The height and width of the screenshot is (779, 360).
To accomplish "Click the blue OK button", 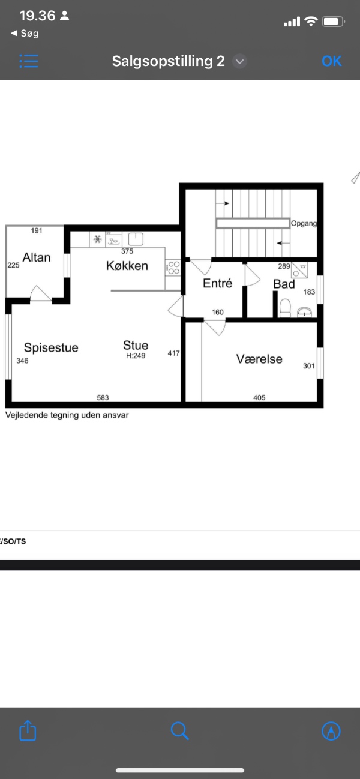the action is (x=331, y=61).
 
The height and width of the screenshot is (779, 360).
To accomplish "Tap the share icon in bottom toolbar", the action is (x=28, y=730).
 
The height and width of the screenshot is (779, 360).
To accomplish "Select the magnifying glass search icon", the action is (x=180, y=730).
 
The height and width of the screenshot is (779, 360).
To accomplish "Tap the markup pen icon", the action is (x=331, y=730).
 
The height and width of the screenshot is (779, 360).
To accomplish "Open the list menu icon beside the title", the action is (x=29, y=61).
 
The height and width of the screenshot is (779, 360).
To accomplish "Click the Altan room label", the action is (x=37, y=257).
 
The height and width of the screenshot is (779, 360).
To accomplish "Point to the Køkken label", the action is (x=127, y=266).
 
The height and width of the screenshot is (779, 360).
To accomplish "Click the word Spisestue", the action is (x=51, y=347).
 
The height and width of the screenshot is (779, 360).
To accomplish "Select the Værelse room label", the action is (x=259, y=359).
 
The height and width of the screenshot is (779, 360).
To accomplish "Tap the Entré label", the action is (x=217, y=283).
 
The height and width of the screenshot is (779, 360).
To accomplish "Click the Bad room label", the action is (x=284, y=284).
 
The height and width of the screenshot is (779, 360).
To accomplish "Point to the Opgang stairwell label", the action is (x=304, y=224).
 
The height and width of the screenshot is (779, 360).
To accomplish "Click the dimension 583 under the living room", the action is (x=103, y=397).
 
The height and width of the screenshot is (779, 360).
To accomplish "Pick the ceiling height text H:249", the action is (x=136, y=356).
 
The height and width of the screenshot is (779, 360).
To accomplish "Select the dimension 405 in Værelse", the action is (x=259, y=397).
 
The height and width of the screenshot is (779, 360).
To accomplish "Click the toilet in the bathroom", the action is (x=285, y=308).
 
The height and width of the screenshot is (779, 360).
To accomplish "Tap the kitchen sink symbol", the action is (x=136, y=239).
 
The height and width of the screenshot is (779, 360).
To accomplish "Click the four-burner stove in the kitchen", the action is (x=173, y=268).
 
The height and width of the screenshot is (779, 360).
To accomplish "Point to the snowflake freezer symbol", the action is (x=97, y=239).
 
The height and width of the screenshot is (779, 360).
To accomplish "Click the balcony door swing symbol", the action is (x=41, y=293).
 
